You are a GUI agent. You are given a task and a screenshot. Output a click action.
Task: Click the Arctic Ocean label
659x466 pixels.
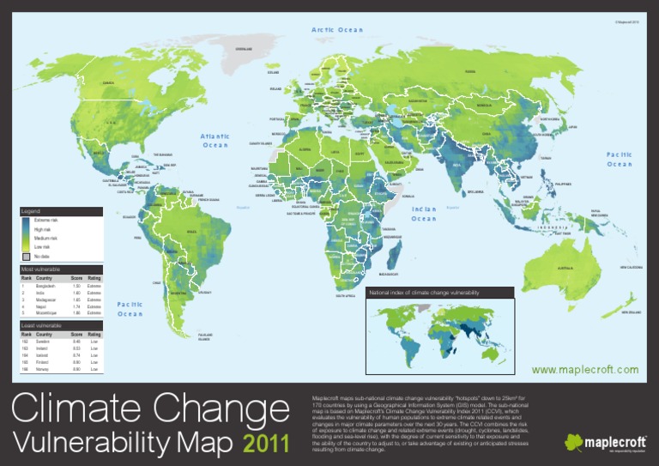(x=338, y=30)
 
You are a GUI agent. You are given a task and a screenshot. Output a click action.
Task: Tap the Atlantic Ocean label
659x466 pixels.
(x=215, y=141)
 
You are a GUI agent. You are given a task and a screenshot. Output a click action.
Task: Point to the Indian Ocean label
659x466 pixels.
(x=424, y=214)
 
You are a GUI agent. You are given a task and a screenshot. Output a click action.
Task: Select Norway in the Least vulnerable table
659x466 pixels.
(x=44, y=369)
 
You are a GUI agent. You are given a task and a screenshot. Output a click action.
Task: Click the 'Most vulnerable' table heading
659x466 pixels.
(x=39, y=269)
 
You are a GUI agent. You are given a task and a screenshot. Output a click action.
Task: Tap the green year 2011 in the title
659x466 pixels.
(x=267, y=444)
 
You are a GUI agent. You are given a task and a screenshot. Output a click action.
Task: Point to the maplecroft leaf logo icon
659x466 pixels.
(x=573, y=442)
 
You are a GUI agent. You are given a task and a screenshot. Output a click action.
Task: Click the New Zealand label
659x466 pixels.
(x=632, y=312)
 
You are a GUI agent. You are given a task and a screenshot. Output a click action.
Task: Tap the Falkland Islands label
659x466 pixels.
(x=206, y=336)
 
